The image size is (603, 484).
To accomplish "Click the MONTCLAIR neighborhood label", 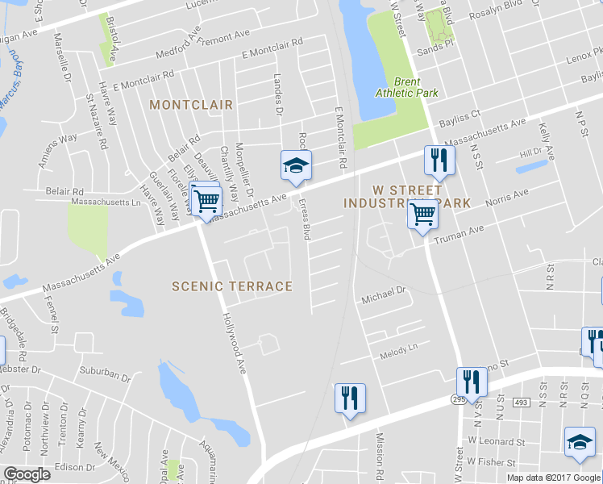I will [x=191, y=105].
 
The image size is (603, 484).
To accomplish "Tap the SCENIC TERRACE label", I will [x=232, y=286].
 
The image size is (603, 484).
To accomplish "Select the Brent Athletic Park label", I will [x=407, y=87].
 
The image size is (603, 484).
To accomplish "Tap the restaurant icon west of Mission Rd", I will [x=350, y=398].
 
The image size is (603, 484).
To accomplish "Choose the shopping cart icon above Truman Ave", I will [x=423, y=215].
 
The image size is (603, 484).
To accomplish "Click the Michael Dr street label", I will [x=382, y=298].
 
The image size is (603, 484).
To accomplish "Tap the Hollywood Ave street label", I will [x=235, y=344].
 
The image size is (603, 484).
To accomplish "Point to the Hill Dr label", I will [x=530, y=152].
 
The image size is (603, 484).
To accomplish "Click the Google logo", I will [x=27, y=474].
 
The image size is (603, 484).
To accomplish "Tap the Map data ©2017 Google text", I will [x=553, y=478].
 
